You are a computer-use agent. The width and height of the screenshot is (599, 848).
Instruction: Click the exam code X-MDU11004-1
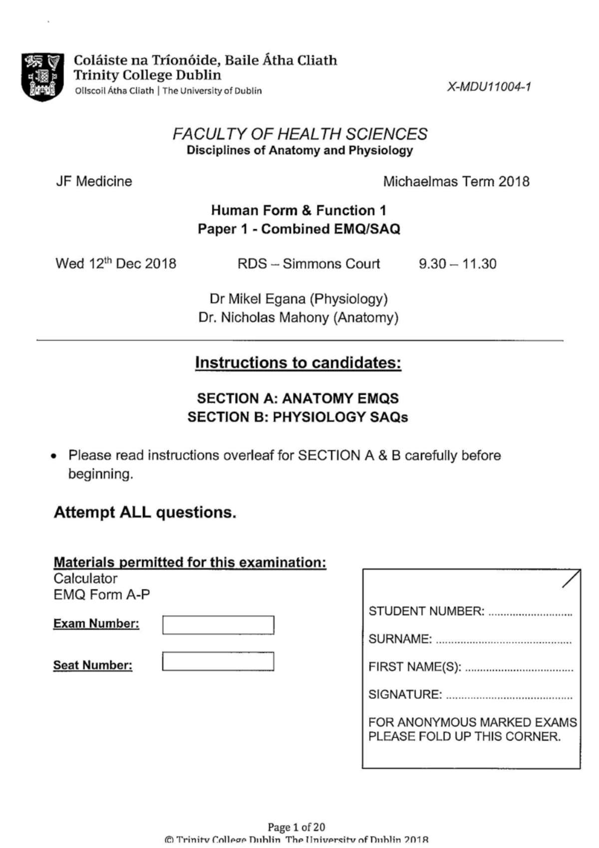489,87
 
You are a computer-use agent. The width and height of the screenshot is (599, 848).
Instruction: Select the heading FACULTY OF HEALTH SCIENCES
299,134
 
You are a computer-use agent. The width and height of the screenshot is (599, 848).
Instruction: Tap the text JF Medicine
94,181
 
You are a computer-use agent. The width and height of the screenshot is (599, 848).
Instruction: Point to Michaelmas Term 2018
456,181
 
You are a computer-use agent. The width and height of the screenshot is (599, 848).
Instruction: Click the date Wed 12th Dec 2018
116,263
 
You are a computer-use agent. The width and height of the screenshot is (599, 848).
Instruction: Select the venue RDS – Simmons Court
308,264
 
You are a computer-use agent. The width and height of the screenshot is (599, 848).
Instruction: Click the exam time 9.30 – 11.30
457,264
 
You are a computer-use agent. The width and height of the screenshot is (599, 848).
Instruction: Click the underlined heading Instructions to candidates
298,363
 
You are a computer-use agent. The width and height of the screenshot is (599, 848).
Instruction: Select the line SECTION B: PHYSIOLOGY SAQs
298,417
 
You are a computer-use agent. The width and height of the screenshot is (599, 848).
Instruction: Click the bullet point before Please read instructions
54,456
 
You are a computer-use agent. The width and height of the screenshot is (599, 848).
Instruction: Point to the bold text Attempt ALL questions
145,512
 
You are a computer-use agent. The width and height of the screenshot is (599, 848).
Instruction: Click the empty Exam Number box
218,625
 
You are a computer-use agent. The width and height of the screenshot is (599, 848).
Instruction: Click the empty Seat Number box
218,661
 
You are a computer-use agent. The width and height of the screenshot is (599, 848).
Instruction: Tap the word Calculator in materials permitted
85,578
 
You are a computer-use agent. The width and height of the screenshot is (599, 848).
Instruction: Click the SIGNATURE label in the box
405,694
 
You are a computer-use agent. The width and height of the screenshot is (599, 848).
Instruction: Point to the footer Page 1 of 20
296,827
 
